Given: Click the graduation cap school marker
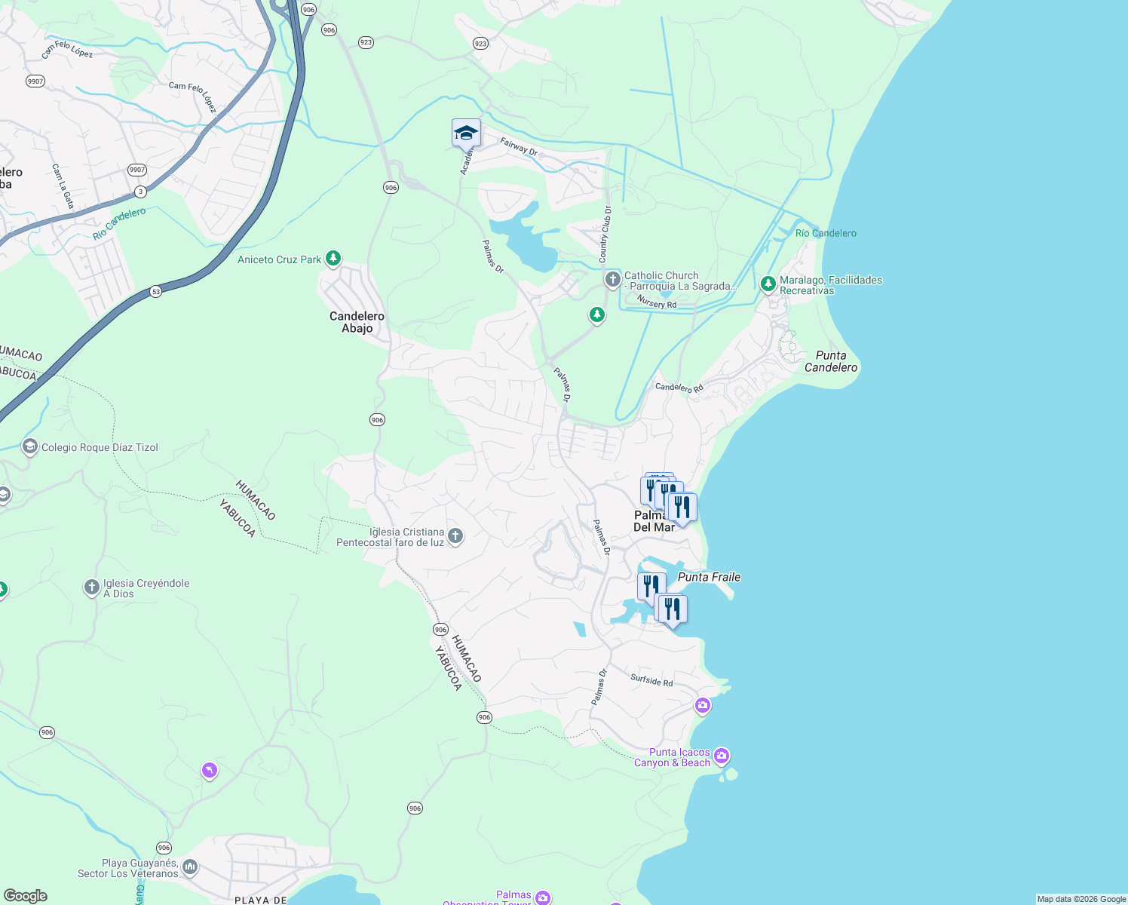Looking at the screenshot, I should click(x=466, y=133).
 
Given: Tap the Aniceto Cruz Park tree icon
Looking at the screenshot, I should click(x=333, y=259).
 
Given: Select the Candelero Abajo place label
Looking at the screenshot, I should click(x=357, y=322).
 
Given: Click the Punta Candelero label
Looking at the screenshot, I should click(x=831, y=361).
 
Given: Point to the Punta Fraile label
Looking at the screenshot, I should click(x=709, y=577).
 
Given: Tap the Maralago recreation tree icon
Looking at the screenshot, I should click(x=768, y=284).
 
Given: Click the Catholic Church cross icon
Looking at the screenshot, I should click(x=613, y=280).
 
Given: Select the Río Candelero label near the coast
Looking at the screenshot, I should click(x=826, y=233).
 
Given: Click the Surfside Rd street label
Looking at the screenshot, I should click(x=651, y=680).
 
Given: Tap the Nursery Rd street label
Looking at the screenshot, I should click(x=656, y=302).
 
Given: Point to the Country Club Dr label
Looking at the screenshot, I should click(x=605, y=235).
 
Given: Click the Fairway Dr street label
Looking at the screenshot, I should click(x=519, y=146).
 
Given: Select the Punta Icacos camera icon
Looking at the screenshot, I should click(x=722, y=756).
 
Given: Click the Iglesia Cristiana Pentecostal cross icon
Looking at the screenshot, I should click(x=455, y=536).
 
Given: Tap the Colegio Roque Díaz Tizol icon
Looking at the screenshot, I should click(x=30, y=447).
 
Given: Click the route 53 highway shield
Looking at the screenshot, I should click(x=155, y=291).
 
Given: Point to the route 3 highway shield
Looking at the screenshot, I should click(x=140, y=192).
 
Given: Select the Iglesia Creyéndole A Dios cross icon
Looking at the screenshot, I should click(x=91, y=587).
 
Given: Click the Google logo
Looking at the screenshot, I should click(x=26, y=896).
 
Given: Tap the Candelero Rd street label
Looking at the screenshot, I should click(x=679, y=388).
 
